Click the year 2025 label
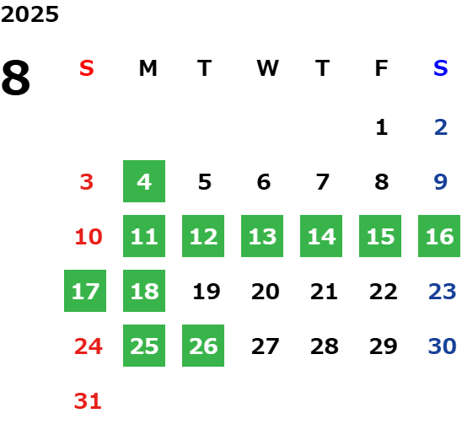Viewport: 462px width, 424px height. pyautogui.click(x=30, y=14)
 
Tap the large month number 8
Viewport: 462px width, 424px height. pyautogui.click(x=16, y=78)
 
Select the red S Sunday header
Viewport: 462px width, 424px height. pyautogui.click(x=87, y=68)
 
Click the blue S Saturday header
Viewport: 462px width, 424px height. pyautogui.click(x=440, y=68)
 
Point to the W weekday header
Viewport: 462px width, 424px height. pyautogui.click(x=267, y=68)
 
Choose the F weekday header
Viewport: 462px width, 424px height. pyautogui.click(x=381, y=68)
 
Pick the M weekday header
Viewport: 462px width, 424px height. pyautogui.click(x=148, y=68)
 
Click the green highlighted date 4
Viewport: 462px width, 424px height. pyautogui.click(x=144, y=181)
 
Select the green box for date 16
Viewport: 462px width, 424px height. pyautogui.click(x=439, y=236)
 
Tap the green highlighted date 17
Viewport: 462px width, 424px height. pyautogui.click(x=85, y=291)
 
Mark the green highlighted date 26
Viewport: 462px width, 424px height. pyautogui.click(x=203, y=346)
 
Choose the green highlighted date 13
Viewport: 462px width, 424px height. pyautogui.click(x=262, y=236)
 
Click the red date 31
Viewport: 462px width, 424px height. pyautogui.click(x=88, y=401)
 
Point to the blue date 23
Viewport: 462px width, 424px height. pyautogui.click(x=443, y=292)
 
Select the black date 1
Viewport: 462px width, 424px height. pyautogui.click(x=382, y=127)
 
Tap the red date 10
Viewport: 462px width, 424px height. pyautogui.click(x=89, y=237)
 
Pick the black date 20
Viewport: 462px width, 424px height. pyautogui.click(x=266, y=292)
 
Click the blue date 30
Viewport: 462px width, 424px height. pyautogui.click(x=443, y=346)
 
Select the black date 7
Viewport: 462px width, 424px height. pyautogui.click(x=323, y=182)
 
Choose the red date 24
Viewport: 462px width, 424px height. pyautogui.click(x=89, y=346)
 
